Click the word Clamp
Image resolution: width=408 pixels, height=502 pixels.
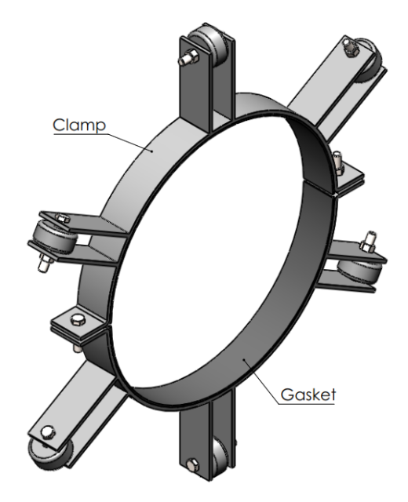(79, 125)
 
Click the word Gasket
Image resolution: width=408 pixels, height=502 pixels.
(308, 395)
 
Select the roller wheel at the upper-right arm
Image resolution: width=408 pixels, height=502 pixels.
(368, 61)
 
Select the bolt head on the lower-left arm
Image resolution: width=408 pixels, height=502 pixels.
(48, 433)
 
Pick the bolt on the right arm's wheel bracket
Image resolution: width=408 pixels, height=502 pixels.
(368, 242)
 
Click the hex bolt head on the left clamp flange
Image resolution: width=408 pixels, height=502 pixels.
(77, 319)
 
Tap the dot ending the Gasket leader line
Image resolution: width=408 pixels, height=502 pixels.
(244, 359)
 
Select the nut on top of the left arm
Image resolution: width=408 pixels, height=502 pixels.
(63, 219)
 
